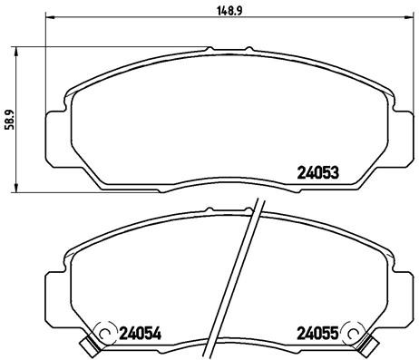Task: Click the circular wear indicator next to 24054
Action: click(x=106, y=333)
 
